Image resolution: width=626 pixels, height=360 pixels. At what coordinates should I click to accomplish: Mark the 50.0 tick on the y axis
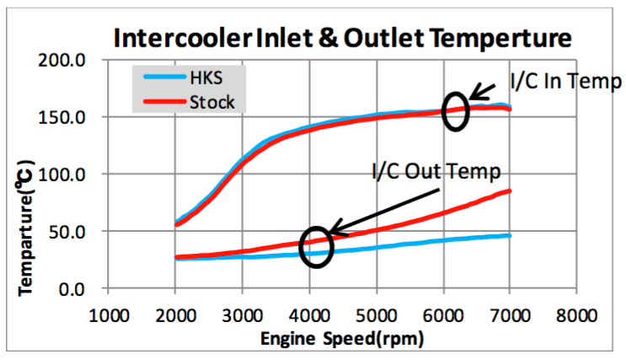coord(78,231)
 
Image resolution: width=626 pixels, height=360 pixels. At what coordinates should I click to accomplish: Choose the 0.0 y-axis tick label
coord(83,288)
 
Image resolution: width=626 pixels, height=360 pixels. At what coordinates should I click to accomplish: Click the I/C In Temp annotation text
coord(565,82)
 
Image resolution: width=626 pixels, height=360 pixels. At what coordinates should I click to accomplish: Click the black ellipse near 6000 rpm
coord(456,110)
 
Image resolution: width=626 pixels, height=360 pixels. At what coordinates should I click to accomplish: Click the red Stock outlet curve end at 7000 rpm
coord(509,191)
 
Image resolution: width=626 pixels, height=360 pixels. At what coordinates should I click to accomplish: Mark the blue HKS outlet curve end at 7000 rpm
coord(509,235)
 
